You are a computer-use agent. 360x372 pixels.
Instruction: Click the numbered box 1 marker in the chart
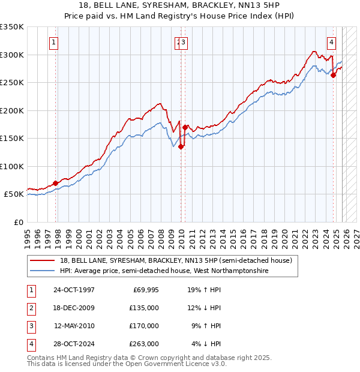pyautogui.click(x=54, y=42)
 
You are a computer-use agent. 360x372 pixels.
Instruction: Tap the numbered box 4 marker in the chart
pyautogui.click(x=331, y=42)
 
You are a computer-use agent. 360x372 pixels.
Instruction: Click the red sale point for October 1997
pyautogui.click(x=56, y=183)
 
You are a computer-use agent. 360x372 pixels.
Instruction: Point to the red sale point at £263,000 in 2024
pyautogui.click(x=334, y=76)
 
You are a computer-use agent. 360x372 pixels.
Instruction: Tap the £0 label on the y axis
pyautogui.click(x=18, y=222)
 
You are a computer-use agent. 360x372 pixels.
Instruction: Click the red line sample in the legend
pyautogui.click(x=42, y=261)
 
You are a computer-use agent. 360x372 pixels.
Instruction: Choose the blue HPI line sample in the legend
pyautogui.click(x=42, y=271)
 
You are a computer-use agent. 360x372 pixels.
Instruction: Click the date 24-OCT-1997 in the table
pyautogui.click(x=74, y=290)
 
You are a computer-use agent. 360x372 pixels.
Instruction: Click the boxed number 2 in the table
pyautogui.click(x=31, y=308)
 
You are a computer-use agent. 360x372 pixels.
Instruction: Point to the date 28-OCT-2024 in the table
pyautogui.click(x=74, y=344)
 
